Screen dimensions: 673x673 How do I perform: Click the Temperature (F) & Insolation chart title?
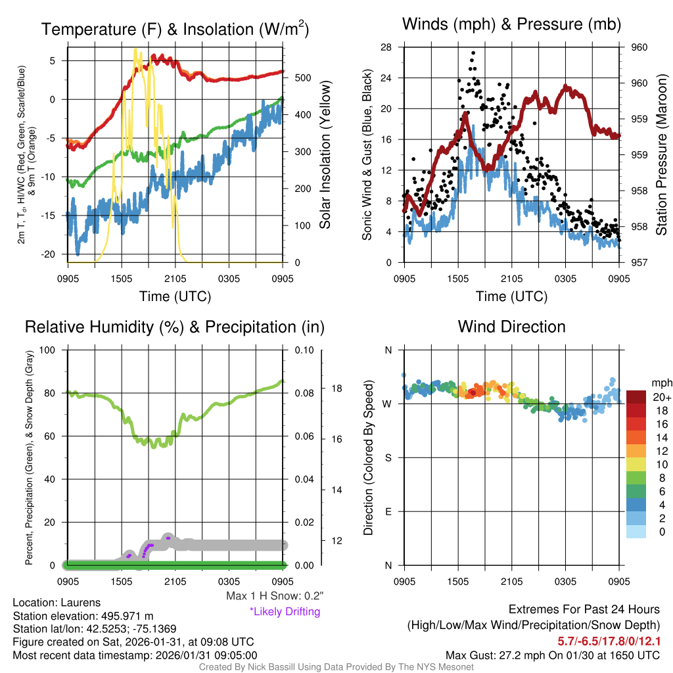tap(175, 29)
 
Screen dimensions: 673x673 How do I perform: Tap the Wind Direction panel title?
tap(511, 326)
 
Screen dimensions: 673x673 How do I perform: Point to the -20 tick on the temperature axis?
tap(55, 254)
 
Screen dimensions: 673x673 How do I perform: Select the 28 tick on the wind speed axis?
tap(386, 47)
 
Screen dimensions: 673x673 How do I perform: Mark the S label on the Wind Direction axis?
tap(388, 457)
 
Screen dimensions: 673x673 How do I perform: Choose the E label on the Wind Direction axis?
tap(388, 511)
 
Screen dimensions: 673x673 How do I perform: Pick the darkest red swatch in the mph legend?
tap(636, 397)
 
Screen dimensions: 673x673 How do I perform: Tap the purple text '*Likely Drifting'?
tap(285, 611)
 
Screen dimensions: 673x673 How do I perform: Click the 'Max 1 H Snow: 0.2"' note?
tap(275, 596)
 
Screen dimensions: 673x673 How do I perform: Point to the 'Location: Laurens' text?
tap(57, 603)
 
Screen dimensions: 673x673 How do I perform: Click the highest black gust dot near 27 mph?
tap(473, 53)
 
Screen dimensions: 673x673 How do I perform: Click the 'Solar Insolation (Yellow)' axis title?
tap(325, 154)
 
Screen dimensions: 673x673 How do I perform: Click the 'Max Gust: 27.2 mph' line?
tap(553, 655)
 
